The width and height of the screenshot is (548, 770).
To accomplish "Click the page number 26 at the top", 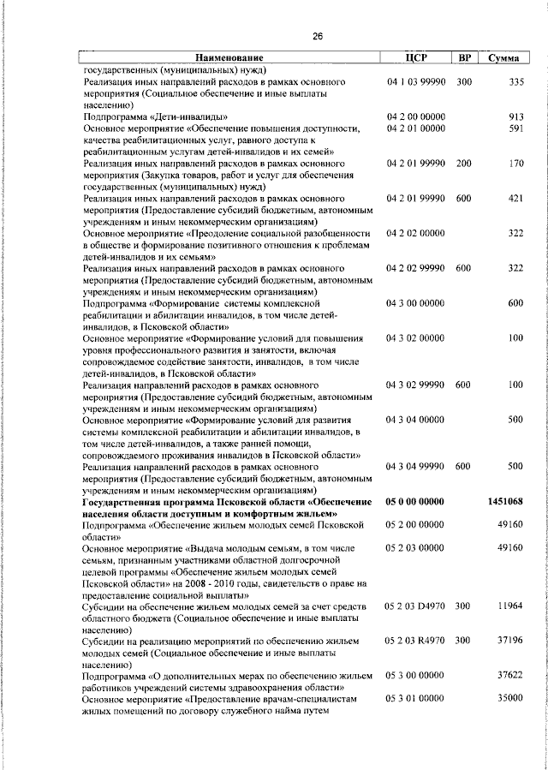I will (318, 36).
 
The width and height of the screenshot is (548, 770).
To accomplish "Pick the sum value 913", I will (515, 116).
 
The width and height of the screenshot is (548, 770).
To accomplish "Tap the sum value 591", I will (515, 128).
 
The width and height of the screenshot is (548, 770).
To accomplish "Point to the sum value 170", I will (515, 164).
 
